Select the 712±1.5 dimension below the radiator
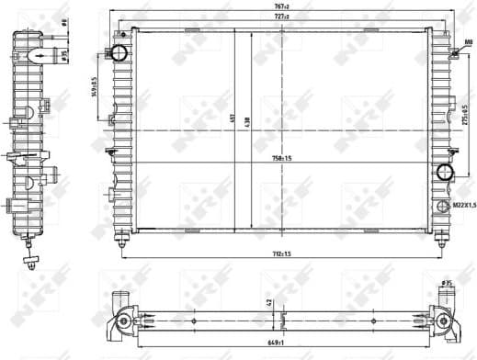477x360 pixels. (x=280, y=253)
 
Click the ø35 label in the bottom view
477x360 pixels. (x=448, y=283)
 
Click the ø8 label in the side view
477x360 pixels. (x=63, y=22)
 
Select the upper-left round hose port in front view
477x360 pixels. (x=119, y=52)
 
